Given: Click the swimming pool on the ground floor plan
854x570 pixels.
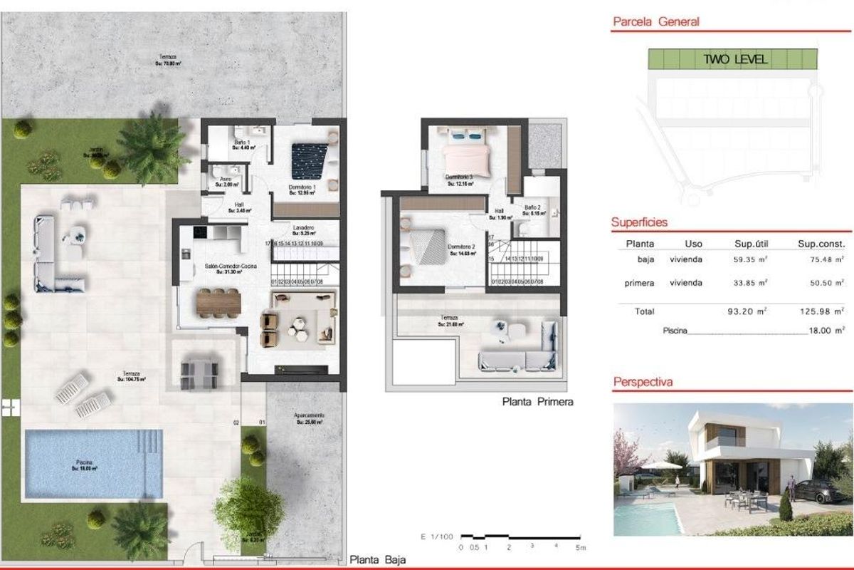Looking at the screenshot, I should (93, 463).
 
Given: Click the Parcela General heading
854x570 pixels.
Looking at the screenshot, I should (656, 21).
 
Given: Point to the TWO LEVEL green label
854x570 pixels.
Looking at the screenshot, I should (735, 60).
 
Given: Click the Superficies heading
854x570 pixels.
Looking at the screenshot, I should (639, 222).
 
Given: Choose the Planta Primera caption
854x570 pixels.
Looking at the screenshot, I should (537, 402).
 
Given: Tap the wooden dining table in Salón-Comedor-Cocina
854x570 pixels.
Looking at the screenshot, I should (219, 303).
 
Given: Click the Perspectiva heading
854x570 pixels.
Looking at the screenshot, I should (643, 383).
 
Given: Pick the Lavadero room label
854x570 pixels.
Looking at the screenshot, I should (304, 228).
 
